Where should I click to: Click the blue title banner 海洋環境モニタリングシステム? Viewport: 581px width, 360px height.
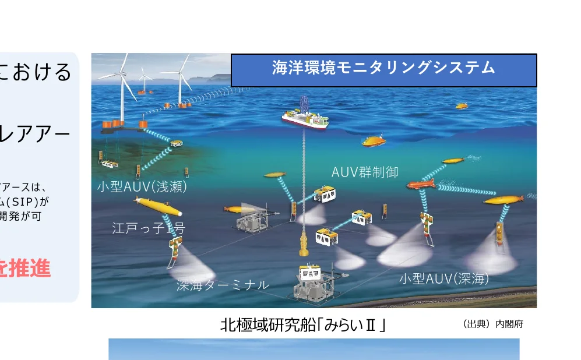(383, 69)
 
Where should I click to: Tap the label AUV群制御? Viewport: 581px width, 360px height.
(365, 172)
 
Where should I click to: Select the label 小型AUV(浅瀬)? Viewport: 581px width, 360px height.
(142, 187)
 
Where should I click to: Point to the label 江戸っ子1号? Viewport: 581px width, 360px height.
(148, 228)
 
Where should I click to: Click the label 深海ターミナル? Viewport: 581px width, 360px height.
(223, 285)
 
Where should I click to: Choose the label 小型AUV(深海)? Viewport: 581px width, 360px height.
(444, 279)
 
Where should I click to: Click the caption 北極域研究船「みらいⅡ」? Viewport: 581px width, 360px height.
(303, 325)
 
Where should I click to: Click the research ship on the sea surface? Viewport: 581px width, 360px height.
(305, 119)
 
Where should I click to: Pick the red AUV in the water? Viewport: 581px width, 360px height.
(421, 185)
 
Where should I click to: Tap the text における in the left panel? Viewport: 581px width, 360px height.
(36, 72)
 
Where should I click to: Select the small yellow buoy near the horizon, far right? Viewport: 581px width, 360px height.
(462, 106)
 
